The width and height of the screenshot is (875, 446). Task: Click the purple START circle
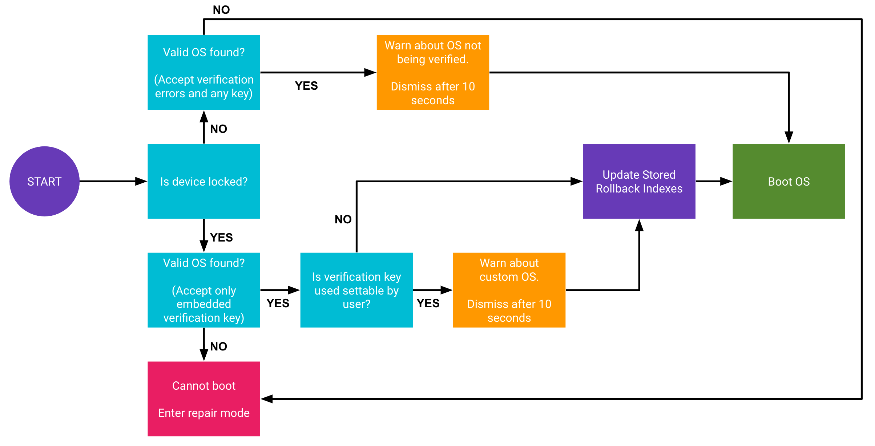tap(44, 181)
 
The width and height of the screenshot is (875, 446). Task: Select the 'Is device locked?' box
tap(204, 181)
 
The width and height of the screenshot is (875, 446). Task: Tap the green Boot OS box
tap(789, 181)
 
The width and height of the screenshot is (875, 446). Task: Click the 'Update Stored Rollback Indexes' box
tap(639, 181)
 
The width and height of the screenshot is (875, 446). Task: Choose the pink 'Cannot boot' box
tap(204, 399)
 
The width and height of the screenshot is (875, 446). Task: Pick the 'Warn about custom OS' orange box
tap(509, 290)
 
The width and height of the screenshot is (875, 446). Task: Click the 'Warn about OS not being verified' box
tap(433, 72)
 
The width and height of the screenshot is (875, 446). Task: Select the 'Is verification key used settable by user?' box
tap(356, 290)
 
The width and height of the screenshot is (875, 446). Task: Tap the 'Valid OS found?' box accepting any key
tap(204, 72)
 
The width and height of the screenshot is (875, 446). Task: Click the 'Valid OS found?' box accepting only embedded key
tap(204, 290)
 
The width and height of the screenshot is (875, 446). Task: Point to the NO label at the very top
tap(221, 10)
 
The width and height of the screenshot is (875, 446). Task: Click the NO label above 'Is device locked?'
tap(218, 129)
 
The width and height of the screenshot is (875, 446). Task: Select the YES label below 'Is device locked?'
tap(221, 238)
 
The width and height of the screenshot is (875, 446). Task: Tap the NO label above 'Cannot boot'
tap(218, 346)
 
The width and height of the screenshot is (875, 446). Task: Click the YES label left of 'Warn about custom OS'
tap(428, 303)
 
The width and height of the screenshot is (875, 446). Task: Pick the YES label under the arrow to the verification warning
tap(306, 86)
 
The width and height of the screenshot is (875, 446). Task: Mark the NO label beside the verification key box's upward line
tap(343, 219)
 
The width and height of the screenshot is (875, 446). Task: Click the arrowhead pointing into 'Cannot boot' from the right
tap(267, 399)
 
